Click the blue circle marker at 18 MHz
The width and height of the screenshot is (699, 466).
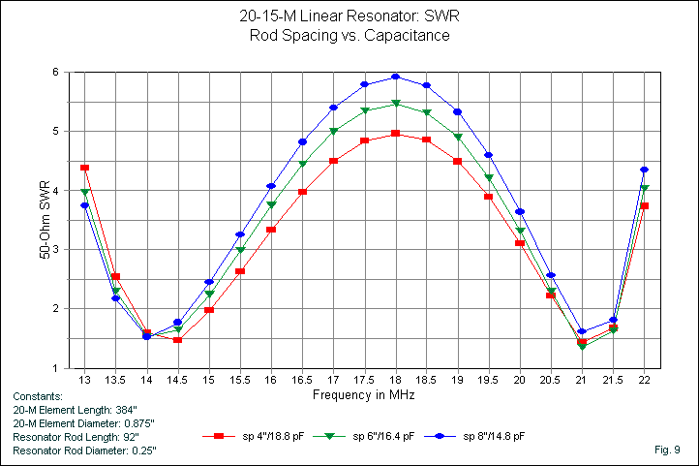[395, 77]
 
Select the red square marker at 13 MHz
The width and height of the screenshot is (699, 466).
[85, 168]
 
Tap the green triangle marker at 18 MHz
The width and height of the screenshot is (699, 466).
[395, 104]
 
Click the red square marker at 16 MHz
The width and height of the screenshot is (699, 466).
[271, 230]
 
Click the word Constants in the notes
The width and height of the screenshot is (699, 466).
[38, 396]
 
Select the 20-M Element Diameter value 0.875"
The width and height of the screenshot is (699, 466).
[136, 423]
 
